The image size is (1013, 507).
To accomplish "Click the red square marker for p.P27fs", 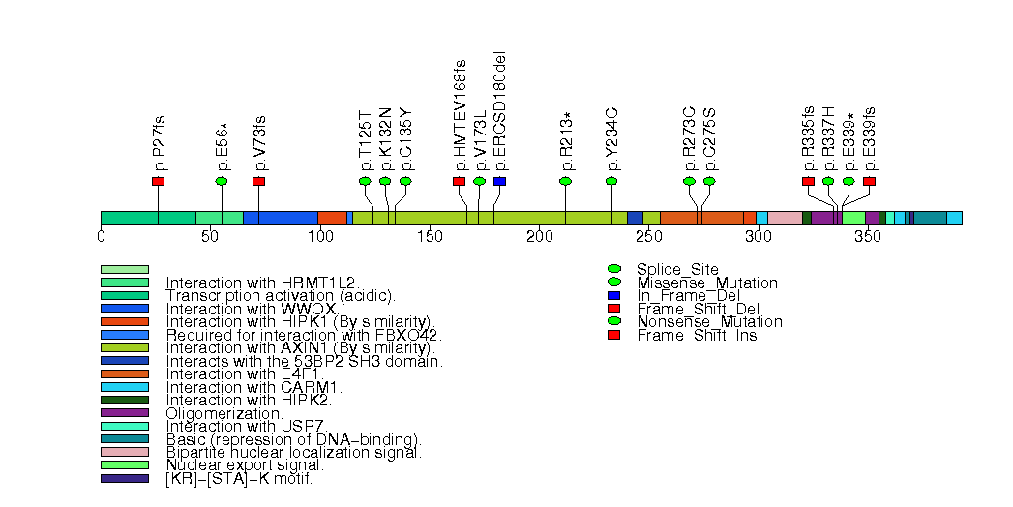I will pyautogui.click(x=158, y=181).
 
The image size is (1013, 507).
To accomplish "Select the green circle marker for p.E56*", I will pyautogui.click(x=222, y=181).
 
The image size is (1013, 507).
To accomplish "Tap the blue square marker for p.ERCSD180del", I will pyautogui.click(x=499, y=181).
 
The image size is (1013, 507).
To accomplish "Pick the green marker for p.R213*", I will pyautogui.click(x=566, y=181).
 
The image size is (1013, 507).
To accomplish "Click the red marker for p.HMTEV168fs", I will pyautogui.click(x=459, y=181).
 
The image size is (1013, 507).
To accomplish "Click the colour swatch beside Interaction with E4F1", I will pyautogui.click(x=125, y=373).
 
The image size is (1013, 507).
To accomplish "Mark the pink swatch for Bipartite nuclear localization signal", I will pyautogui.click(x=125, y=452).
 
